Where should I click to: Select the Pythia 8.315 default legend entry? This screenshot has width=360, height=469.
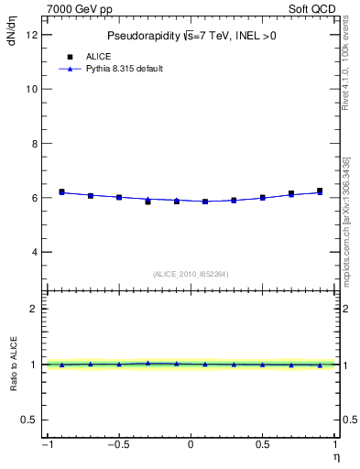pos(125,69)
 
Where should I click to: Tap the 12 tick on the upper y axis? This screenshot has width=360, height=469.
pos(35,35)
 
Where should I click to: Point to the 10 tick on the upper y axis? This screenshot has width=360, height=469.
pos(35,89)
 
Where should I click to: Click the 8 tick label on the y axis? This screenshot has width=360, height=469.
pos(35,144)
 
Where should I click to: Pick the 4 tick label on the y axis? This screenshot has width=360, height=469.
pos(35,252)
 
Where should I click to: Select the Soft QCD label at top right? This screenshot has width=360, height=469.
pos(312,8)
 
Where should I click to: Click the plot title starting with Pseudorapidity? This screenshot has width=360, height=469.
pos(191,36)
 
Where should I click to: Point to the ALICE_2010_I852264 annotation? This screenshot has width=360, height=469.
pos(191,274)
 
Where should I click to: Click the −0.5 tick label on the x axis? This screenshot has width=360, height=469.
pos(117,445)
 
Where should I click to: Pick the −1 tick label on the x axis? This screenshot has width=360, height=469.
pos(46,445)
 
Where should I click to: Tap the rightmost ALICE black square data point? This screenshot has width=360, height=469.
pos(320,191)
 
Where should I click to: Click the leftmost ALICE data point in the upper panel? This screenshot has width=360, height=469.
pos(61,191)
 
